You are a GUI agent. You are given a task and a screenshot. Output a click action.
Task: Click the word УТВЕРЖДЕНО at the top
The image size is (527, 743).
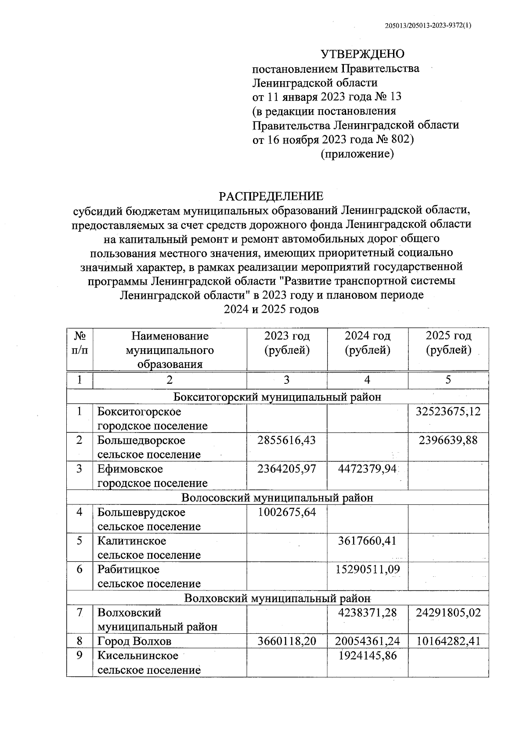point(362,54)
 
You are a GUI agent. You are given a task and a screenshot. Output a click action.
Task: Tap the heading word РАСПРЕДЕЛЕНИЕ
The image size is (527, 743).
point(271,196)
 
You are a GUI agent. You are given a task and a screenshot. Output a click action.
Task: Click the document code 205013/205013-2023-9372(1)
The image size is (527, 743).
point(428,25)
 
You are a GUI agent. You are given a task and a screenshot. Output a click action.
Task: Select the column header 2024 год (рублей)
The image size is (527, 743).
point(367,343)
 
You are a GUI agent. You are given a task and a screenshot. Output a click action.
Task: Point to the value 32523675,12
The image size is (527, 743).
point(448,411)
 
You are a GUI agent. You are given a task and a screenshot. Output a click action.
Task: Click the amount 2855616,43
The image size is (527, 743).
point(286,440)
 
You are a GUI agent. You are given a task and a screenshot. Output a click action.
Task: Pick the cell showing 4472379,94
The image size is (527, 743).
point(367,469)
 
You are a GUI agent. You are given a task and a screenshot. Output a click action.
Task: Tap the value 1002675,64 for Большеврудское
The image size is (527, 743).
point(286,512)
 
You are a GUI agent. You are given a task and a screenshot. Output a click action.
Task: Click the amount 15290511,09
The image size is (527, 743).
point(367,569)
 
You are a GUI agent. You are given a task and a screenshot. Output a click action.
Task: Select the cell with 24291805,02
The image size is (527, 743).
point(448,612)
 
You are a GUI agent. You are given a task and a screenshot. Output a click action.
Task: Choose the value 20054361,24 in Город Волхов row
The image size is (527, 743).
point(367,641)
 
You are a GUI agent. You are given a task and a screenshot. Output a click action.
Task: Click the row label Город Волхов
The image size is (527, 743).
point(134,641)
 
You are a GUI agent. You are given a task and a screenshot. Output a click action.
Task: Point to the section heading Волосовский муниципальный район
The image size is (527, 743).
point(277,497)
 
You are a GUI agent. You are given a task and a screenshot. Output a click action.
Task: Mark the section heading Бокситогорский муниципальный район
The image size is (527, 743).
point(277,397)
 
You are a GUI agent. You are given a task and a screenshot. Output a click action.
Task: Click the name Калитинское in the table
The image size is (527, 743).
point(131,541)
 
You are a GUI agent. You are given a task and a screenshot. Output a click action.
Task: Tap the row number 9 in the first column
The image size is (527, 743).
point(79,656)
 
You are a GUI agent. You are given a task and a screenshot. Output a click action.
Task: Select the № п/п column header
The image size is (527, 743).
point(79,343)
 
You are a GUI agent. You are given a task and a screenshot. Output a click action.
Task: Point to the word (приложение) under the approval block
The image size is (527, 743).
point(357,154)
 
